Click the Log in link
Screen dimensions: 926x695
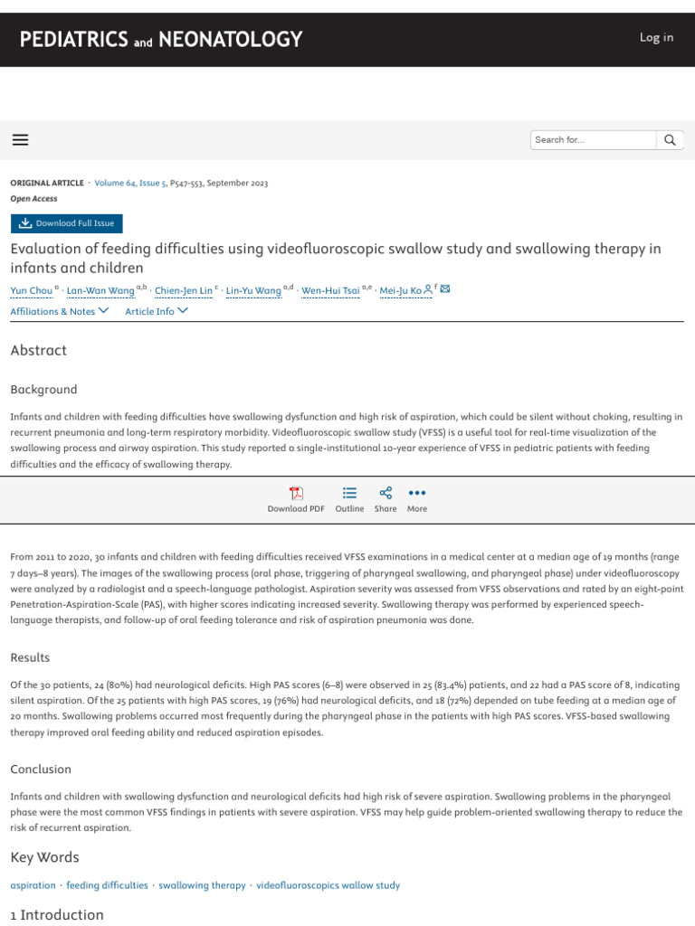tap(656, 37)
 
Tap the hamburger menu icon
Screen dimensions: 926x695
tap(20, 139)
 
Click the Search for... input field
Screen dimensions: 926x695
tap(592, 140)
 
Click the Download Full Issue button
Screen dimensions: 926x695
tap(67, 223)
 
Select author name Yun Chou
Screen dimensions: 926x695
tap(31, 290)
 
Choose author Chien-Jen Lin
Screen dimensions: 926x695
tap(184, 290)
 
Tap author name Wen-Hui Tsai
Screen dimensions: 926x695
tap(330, 290)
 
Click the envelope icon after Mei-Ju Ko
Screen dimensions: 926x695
tap(444, 290)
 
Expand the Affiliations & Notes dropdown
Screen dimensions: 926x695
tap(60, 311)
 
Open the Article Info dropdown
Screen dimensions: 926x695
tap(157, 311)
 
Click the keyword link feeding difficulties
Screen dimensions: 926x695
tap(107, 885)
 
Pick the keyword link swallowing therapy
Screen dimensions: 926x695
tap(202, 885)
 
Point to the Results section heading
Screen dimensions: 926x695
tap(30, 657)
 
